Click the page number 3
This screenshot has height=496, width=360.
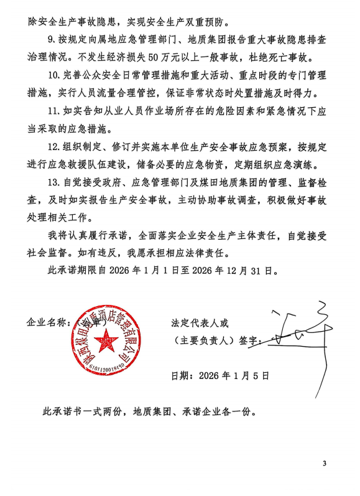tap(324, 463)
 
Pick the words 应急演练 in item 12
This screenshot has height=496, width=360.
tap(294, 166)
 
